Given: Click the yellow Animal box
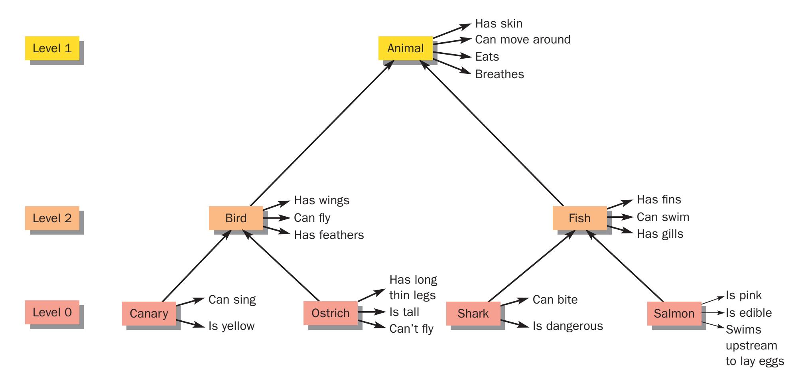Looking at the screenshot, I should point(405,48).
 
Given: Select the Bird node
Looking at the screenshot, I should point(236,218).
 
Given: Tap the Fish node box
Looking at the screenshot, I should point(579,218).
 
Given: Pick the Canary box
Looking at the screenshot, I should point(149,313).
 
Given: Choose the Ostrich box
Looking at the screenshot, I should point(330,313).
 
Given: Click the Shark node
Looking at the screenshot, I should point(473,313).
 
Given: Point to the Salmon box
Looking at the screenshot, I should point(674,313).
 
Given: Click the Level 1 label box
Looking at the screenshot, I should point(52,48).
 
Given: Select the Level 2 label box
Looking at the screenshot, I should point(52,218).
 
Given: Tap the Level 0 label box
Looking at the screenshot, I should point(52,312).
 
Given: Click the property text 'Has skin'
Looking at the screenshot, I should point(499,24).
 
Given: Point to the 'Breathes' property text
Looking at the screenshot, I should point(499,74).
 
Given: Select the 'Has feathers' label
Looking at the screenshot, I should point(329,235).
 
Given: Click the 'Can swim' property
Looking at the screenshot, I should point(663,217).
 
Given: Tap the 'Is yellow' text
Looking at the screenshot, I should point(231,326).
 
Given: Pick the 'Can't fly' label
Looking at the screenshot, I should point(411,329).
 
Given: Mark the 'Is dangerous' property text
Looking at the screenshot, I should point(568,326).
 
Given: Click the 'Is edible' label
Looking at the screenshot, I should point(749,313).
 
